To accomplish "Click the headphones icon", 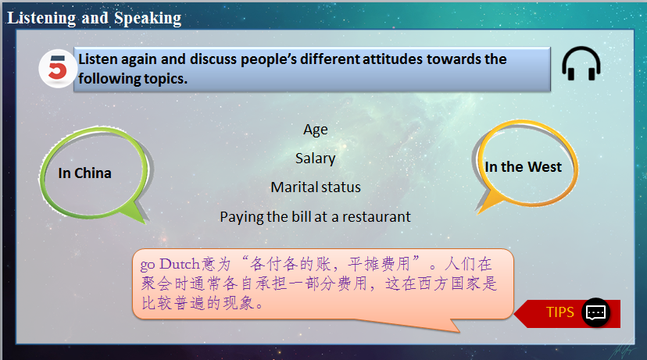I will pos(581,64).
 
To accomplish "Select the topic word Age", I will pos(316,130).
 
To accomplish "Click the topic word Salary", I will pos(316,159).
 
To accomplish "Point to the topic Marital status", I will pos(316,187).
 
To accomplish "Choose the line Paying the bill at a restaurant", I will pos(315,217).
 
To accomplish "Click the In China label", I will pos(85,173).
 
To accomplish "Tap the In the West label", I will pos(523,167).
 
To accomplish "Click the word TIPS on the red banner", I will pos(560,312).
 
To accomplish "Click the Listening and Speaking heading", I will pos(95,18).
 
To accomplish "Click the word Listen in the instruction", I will pos(98,59).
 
